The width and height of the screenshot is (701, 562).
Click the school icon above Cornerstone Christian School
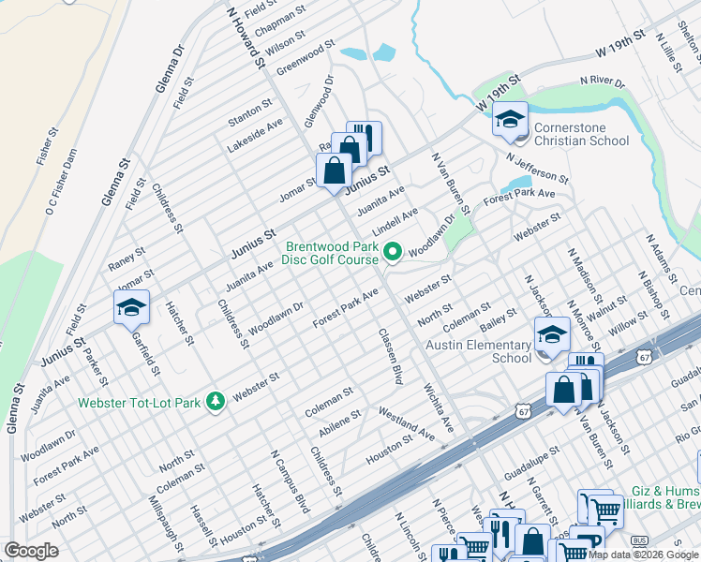click(x=510, y=119)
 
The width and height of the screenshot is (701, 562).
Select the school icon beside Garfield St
click(x=131, y=307)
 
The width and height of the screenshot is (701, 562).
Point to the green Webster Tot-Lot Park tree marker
click(x=216, y=401)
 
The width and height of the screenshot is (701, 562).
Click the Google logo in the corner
click(x=31, y=551)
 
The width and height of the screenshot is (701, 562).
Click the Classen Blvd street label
click(x=391, y=356)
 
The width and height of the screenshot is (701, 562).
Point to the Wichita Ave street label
click(x=438, y=407)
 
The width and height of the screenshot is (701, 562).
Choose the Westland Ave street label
click(x=407, y=423)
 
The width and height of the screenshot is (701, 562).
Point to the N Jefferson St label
click(x=536, y=168)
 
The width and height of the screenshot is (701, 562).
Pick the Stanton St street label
click(x=249, y=115)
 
